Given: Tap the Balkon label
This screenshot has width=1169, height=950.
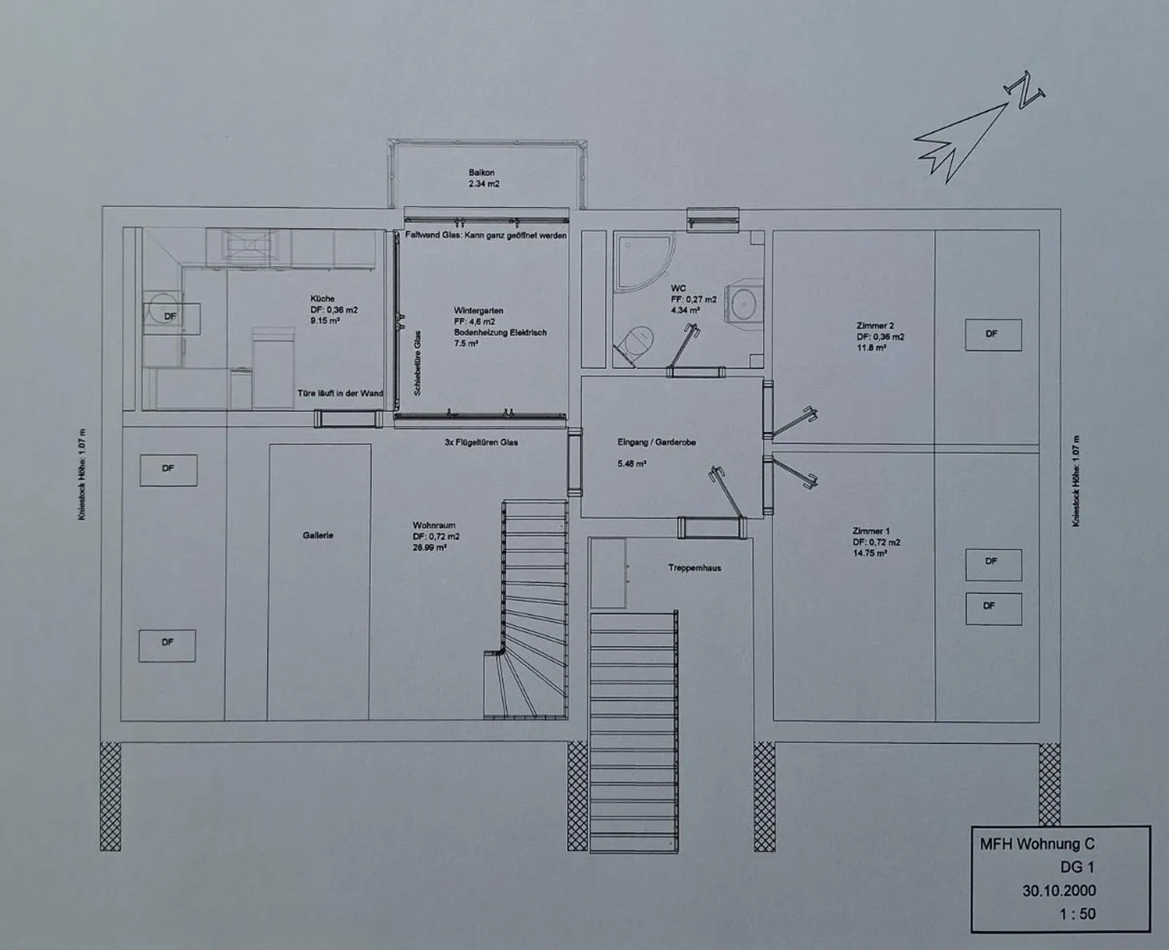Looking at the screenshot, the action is (481, 173).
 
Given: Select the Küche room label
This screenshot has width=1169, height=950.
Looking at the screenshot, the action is (322, 299).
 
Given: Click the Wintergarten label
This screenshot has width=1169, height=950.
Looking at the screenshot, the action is (478, 310).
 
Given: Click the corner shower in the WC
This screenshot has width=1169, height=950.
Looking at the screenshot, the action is (642, 260).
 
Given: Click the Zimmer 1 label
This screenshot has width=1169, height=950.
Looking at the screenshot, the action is (871, 531).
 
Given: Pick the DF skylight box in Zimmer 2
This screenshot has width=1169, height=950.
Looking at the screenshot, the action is (992, 334).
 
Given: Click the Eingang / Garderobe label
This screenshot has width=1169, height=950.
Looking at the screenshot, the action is (657, 443).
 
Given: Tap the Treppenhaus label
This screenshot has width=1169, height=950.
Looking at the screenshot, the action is (694, 568).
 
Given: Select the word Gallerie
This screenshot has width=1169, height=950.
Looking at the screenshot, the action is (318, 536).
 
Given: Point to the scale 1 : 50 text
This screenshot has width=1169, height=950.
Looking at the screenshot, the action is (1076, 913).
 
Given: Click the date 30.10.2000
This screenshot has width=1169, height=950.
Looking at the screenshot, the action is (1059, 890).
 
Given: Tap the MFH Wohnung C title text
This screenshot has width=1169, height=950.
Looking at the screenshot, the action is (1037, 844).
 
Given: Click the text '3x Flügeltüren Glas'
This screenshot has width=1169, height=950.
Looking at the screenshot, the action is (481, 443).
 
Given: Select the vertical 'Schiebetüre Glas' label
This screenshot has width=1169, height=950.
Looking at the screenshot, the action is (417, 363).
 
